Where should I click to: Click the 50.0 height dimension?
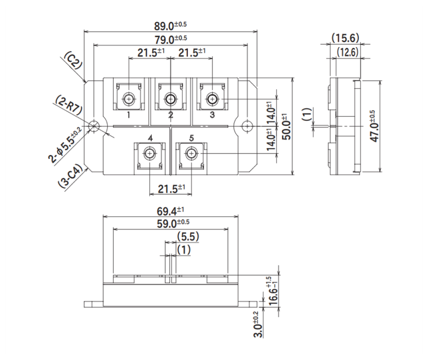(286, 126)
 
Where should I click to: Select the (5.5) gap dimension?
(187, 237)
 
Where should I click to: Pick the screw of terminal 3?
(212, 99)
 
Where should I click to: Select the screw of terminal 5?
(191, 154)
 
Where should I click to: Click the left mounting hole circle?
(94, 126)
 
